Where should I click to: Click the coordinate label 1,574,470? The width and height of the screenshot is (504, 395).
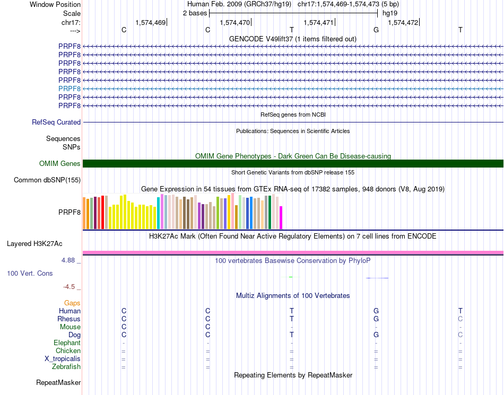click(x=234, y=23)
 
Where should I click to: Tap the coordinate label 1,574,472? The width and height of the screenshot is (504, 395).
click(x=403, y=23)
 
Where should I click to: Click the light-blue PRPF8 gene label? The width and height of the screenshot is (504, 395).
click(x=69, y=89)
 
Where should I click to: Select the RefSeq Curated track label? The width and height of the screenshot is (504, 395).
click(x=56, y=122)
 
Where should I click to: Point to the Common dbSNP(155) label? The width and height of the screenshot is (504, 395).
click(x=47, y=180)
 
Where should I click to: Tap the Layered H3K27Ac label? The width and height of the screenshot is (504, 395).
click(x=34, y=244)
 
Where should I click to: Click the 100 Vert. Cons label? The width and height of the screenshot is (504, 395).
click(x=30, y=274)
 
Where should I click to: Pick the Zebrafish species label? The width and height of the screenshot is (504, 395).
click(x=66, y=367)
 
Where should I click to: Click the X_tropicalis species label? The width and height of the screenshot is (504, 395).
click(x=63, y=359)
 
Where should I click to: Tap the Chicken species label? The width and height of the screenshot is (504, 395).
click(x=68, y=351)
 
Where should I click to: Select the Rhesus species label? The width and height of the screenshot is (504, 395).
click(x=69, y=319)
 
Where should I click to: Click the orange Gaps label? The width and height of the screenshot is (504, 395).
click(x=72, y=303)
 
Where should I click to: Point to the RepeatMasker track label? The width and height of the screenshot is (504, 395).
click(x=58, y=382)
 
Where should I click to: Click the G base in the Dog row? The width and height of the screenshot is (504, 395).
click(x=376, y=335)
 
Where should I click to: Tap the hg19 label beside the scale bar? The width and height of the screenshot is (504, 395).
click(x=390, y=13)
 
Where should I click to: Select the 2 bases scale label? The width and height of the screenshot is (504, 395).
click(x=195, y=13)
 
